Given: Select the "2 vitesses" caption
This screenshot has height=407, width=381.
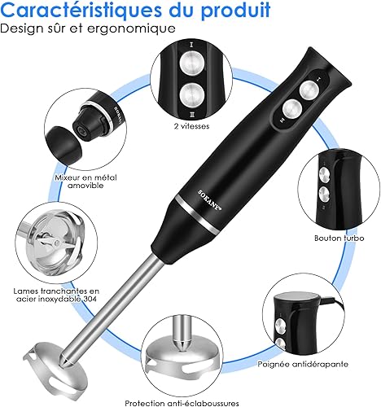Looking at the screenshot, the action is coord(191,126).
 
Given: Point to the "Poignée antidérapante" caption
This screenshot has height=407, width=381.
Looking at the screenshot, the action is coord(303,364).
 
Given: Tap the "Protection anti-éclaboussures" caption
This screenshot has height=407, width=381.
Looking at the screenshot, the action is coord(182,403).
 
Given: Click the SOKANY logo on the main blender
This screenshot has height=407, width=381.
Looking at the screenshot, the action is coord(209,200).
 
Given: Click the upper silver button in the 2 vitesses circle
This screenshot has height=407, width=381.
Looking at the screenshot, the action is coord(192,64).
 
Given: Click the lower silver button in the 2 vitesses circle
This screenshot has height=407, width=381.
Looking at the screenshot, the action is coord(192,95).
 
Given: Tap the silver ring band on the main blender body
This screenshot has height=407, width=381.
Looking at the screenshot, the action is coord(196,214).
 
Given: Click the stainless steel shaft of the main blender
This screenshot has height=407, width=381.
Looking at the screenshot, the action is coord(115,307).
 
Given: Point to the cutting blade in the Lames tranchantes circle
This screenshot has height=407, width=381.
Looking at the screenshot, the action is coord(55,242).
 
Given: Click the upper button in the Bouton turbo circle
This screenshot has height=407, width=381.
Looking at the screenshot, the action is coord(325,174).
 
